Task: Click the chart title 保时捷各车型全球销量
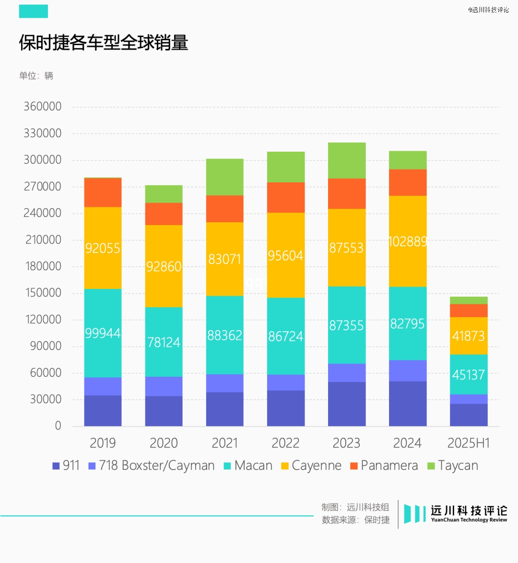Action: pyautogui.click(x=104, y=43)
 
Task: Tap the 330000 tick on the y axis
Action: pyautogui.click(x=43, y=133)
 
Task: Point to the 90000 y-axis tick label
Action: pyautogui.click(x=46, y=346)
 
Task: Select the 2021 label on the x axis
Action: pyautogui.click(x=224, y=443)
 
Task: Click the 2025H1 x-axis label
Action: pyautogui.click(x=468, y=443)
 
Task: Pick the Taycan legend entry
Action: pyautogui.click(x=453, y=466)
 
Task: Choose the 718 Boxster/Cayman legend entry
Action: pyautogui.click(x=152, y=466)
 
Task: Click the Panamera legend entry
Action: pyautogui.click(x=384, y=466)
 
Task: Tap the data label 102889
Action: pyautogui.click(x=407, y=241)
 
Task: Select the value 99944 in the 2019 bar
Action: pyautogui.click(x=103, y=333)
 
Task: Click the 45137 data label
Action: pyautogui.click(x=468, y=375)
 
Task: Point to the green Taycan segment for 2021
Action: pyautogui.click(x=224, y=177)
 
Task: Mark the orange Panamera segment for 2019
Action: pyautogui.click(x=103, y=192)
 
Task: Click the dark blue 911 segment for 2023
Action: pyautogui.click(x=346, y=404)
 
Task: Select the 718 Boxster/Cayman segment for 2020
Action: pyautogui.click(x=164, y=386)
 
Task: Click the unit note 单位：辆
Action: pyautogui.click(x=36, y=76)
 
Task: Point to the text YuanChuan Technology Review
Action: pyautogui.click(x=469, y=520)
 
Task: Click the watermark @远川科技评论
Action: pyautogui.click(x=488, y=10)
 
